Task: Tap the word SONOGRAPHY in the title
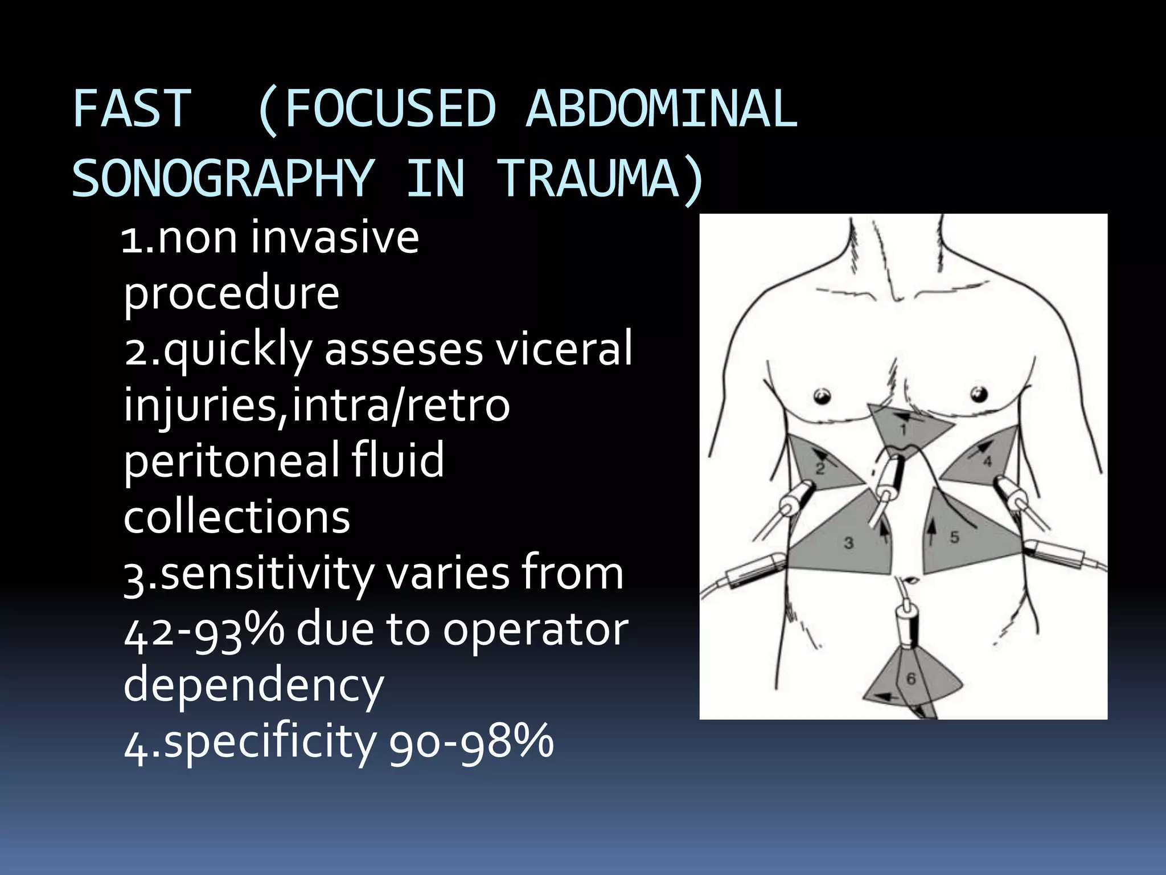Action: coord(223,178)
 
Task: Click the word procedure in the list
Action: coord(231,293)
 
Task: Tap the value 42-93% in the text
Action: coord(204,630)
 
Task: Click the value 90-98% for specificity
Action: coord(471,742)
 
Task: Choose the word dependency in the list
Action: coord(253,685)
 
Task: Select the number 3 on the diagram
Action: coord(849,543)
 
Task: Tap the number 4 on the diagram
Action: coord(987,461)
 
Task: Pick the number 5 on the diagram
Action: coord(955,537)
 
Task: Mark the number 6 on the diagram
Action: coord(911,678)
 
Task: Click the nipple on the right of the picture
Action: coord(979,394)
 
